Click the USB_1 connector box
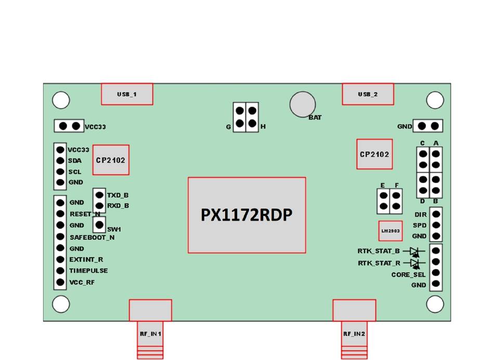(x=127, y=94)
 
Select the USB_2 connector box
(x=368, y=94)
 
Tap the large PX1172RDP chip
(x=246, y=215)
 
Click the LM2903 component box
(x=391, y=230)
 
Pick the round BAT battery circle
(x=303, y=105)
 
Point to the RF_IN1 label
(x=150, y=333)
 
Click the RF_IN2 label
(x=354, y=333)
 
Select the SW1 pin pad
(x=99, y=225)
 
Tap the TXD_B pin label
(x=118, y=195)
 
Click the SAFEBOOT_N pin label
(x=92, y=237)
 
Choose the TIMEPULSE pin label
(x=88, y=271)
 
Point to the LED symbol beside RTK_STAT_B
(x=415, y=251)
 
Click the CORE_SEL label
(x=408, y=275)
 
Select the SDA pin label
(x=75, y=160)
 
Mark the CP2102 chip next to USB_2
(x=374, y=154)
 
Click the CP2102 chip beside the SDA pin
(x=111, y=160)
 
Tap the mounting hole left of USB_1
(x=61, y=100)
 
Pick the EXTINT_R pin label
(x=86, y=260)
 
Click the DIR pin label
(x=420, y=214)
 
